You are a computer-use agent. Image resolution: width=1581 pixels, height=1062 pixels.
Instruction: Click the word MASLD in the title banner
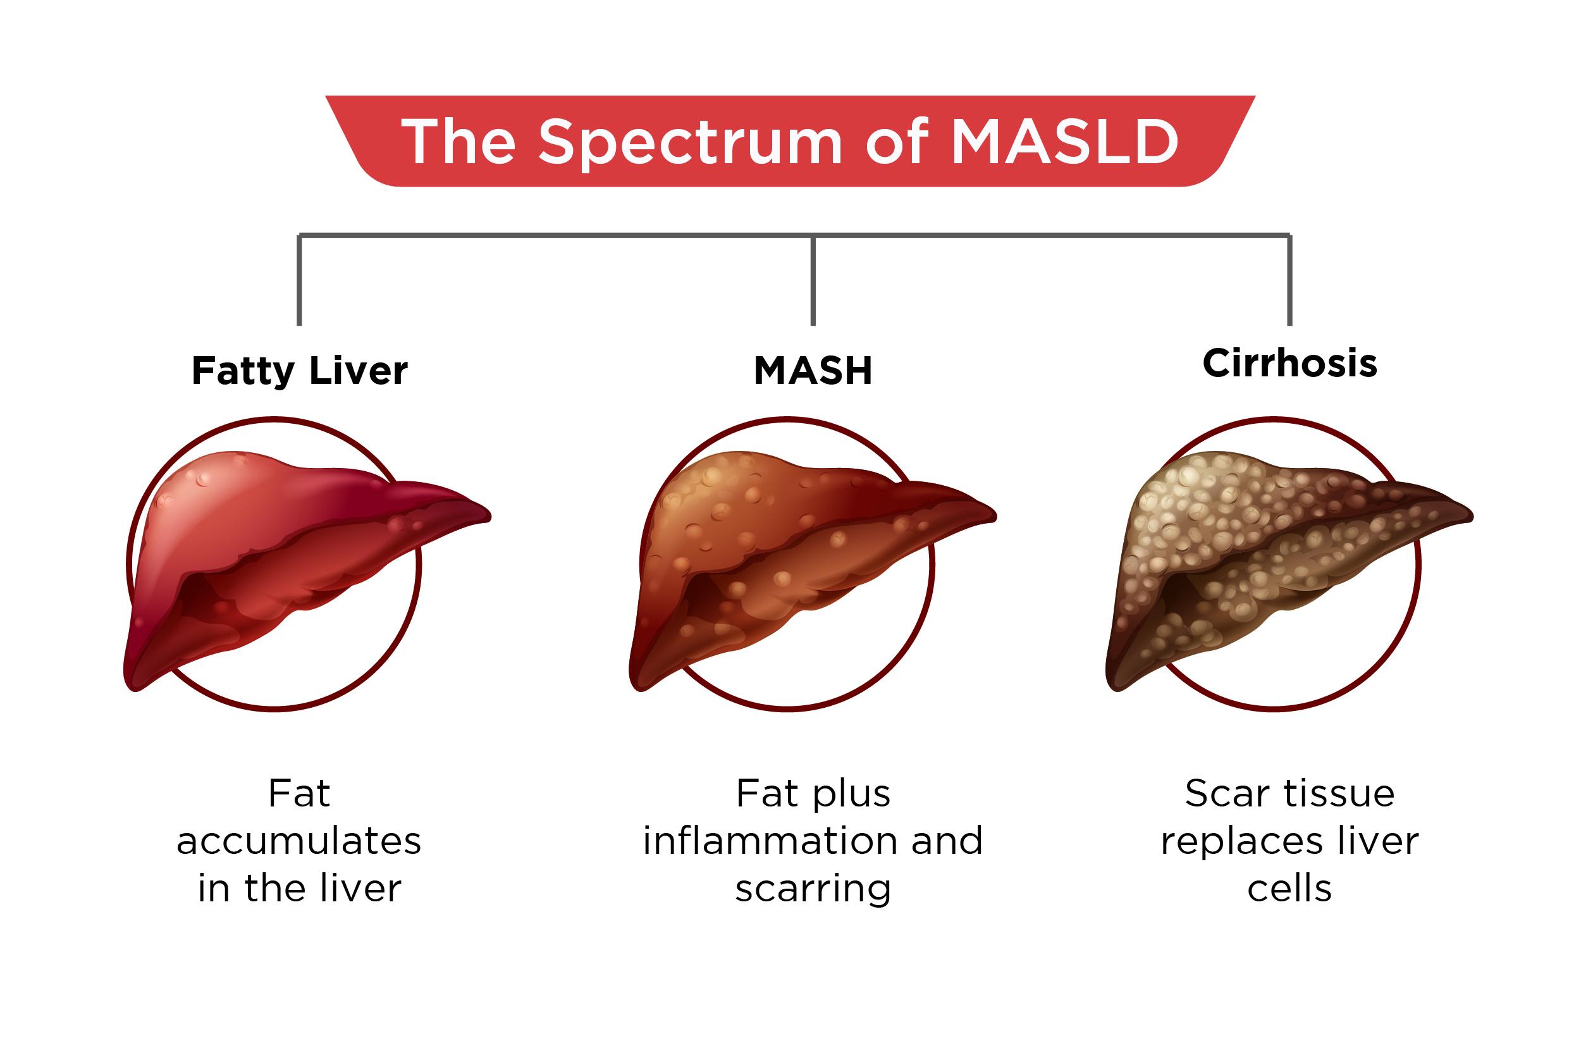point(1065,142)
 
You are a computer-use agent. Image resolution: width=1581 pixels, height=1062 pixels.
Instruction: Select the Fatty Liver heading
point(299,371)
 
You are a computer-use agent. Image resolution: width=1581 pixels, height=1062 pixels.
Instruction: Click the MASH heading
point(813,371)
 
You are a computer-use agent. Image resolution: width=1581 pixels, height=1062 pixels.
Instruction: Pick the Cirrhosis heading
point(1289,363)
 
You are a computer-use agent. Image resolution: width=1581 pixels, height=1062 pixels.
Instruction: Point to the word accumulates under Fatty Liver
point(298,841)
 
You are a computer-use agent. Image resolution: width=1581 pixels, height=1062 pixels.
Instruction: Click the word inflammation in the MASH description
point(770,841)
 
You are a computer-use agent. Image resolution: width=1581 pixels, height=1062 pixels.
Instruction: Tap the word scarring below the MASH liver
point(813,889)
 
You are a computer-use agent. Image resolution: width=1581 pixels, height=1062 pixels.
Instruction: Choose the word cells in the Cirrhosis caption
point(1289,889)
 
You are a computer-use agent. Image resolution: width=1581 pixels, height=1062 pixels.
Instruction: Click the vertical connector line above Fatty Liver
point(299,281)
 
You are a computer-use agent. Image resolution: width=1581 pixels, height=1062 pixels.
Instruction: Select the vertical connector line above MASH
point(813,281)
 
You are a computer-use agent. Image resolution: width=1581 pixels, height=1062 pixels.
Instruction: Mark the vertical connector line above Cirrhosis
point(1289,281)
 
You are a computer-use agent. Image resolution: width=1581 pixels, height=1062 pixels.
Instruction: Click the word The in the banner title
point(458,142)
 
